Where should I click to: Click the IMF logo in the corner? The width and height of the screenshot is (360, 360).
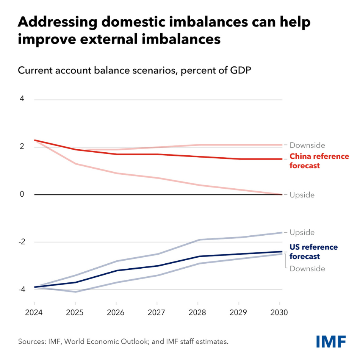(x=330, y=341)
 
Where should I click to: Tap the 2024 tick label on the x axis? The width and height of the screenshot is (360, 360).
(x=34, y=313)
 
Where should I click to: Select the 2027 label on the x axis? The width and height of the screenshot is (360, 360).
(x=157, y=313)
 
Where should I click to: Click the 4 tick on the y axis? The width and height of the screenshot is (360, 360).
(x=22, y=99)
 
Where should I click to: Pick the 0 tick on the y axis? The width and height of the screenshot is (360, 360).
(x=22, y=194)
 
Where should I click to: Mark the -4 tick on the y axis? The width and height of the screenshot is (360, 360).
(x=20, y=289)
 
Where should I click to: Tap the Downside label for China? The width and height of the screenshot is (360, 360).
(x=307, y=145)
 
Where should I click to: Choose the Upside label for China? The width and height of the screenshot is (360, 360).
(x=302, y=195)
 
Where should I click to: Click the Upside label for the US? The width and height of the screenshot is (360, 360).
(x=302, y=232)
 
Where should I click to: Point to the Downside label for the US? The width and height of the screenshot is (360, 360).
(x=307, y=269)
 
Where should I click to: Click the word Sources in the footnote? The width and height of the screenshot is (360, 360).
(x=32, y=341)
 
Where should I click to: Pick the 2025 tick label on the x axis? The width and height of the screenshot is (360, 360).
(x=75, y=313)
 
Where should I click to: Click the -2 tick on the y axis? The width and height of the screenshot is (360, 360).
(x=20, y=242)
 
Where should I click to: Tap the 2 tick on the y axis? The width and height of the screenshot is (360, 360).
(x=22, y=147)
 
